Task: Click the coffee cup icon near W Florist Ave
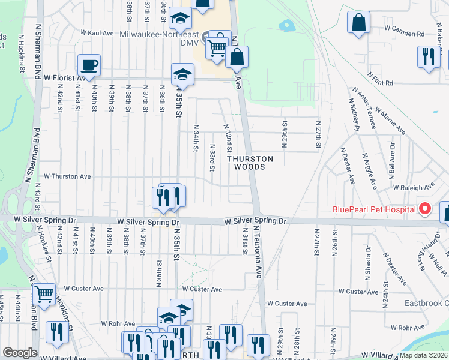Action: click(x=89, y=65)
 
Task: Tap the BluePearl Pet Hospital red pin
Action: click(x=425, y=209)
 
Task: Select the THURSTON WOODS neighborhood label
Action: click(x=249, y=163)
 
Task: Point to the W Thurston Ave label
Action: click(x=67, y=177)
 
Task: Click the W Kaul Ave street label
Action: click(x=97, y=33)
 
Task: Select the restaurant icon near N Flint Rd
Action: click(x=428, y=57)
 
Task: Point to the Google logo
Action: click(x=20, y=353)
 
